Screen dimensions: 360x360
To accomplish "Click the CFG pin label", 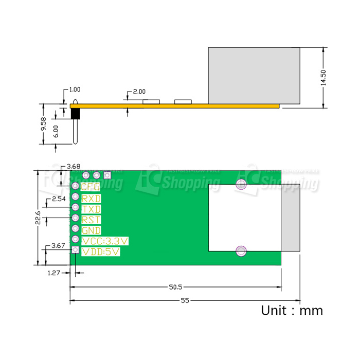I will pos(91,187).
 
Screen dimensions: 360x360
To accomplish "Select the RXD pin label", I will pos(91,198).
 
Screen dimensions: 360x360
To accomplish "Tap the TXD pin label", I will pos(91,209).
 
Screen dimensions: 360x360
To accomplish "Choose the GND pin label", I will pos(91,230).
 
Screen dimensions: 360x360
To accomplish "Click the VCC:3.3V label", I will pos(105,241).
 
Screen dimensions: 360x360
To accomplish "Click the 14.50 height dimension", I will pos(324,77).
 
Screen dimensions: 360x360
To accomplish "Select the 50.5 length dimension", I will pos(176,287).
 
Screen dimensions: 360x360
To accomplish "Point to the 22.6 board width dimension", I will pos(38,218).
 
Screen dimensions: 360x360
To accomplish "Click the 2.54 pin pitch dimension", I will pos(59,199).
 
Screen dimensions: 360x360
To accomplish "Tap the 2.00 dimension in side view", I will pos(139,92).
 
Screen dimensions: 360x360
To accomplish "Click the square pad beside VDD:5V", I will pos(75,250).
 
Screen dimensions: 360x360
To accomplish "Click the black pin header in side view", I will pos(75,113).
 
